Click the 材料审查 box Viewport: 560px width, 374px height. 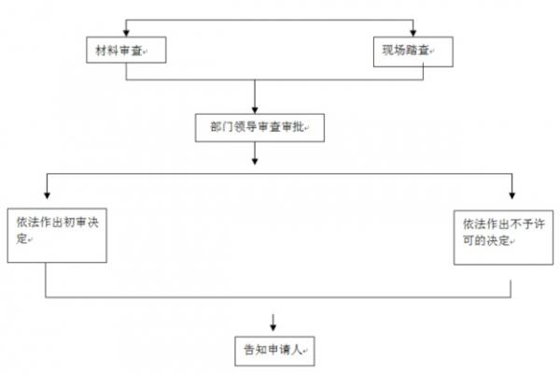click(x=126, y=50)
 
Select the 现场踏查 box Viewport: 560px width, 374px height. click(x=413, y=51)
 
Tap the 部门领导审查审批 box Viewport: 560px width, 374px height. click(x=259, y=128)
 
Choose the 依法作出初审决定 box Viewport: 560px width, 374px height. click(x=57, y=236)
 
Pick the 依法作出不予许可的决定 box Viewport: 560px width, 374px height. click(x=504, y=237)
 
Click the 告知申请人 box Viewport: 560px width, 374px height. click(x=274, y=352)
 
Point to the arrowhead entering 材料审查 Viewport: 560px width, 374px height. click(x=126, y=33)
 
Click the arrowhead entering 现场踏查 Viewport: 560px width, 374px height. click(x=413, y=33)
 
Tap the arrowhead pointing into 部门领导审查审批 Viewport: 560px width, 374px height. click(x=255, y=110)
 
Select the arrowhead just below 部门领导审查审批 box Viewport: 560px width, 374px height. click(x=255, y=161)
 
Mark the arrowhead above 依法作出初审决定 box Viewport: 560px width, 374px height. click(x=47, y=195)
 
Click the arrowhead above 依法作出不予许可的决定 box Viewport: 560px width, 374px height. click(x=512, y=195)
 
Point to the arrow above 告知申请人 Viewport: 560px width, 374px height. click(x=273, y=323)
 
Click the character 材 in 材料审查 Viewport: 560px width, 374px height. click(x=102, y=50)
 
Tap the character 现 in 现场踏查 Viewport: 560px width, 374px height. click(x=388, y=50)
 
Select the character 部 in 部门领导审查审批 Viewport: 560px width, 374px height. click(x=216, y=127)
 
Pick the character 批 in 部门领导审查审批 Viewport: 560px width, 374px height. click(x=299, y=127)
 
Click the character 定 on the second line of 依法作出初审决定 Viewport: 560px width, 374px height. click(x=21, y=238)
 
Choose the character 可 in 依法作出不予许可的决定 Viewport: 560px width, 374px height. click(x=469, y=239)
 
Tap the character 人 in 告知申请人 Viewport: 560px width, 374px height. click(x=297, y=350)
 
